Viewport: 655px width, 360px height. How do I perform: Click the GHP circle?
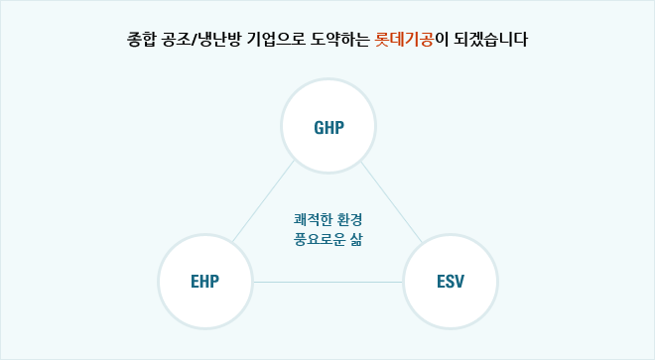[327, 128]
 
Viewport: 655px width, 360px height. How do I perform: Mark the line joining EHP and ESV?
[327, 283]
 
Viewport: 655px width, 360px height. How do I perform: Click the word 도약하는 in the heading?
[342, 42]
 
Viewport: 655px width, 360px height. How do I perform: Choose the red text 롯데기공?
[405, 42]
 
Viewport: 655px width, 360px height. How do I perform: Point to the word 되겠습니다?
[490, 42]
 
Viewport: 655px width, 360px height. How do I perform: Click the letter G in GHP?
[317, 128]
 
